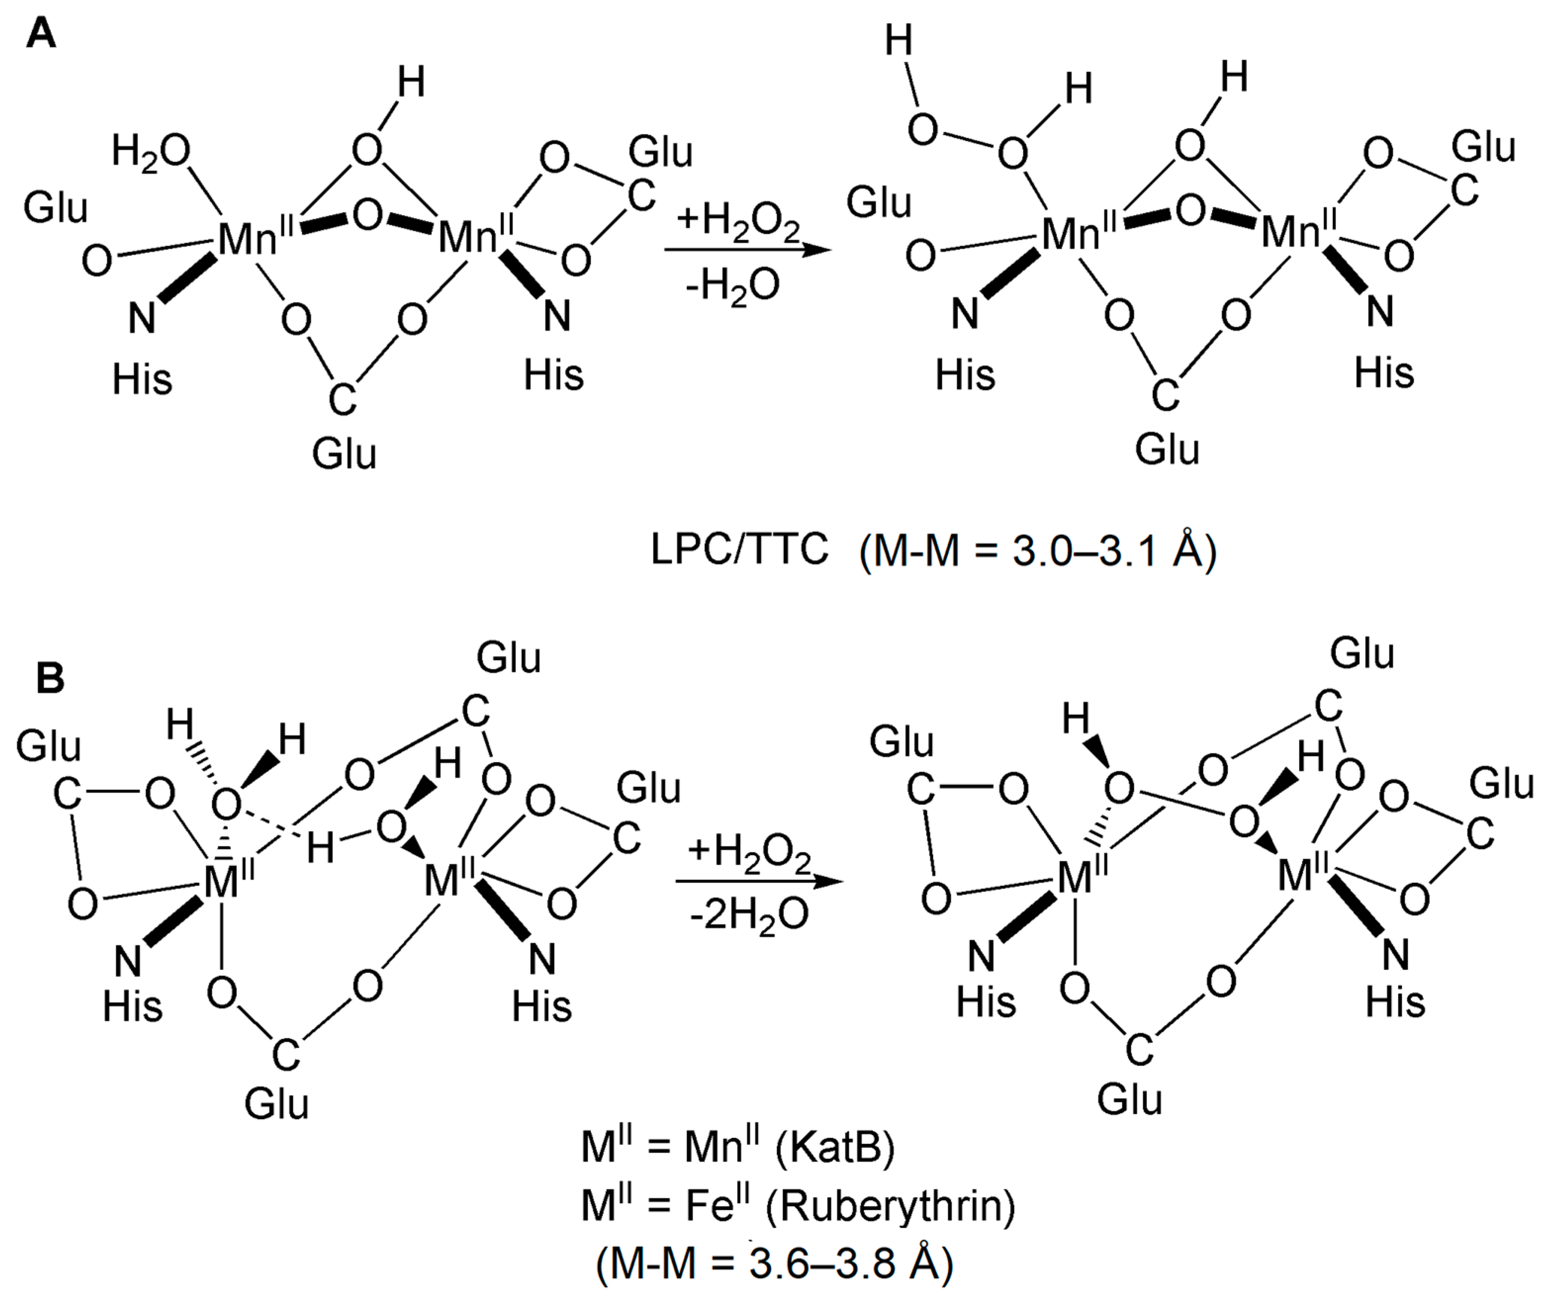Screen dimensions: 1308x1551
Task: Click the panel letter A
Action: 40,34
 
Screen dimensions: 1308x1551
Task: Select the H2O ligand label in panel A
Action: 150,153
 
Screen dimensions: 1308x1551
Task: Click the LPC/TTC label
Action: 739,550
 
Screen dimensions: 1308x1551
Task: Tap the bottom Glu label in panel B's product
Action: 1129,1099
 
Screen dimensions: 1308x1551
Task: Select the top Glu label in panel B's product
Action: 1362,654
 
